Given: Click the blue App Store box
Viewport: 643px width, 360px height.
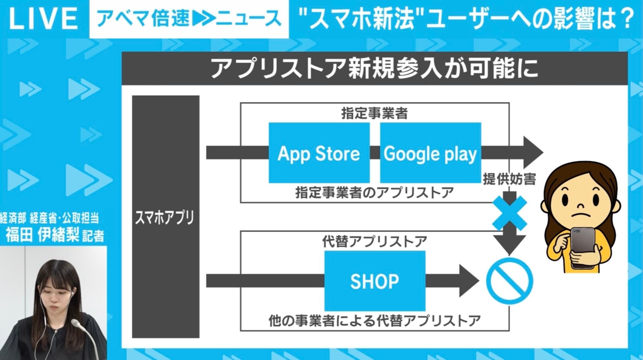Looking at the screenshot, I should tap(319, 153).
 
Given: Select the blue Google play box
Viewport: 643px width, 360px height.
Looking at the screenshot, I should tap(430, 153).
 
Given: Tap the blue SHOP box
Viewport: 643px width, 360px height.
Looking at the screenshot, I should tap(375, 281).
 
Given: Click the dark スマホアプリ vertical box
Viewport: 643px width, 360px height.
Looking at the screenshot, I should tap(165, 217).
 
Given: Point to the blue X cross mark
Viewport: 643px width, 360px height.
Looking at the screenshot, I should tap(509, 213).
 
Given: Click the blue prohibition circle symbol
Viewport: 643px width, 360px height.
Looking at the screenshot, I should tap(509, 281).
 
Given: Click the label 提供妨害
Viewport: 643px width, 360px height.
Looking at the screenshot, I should tap(509, 179).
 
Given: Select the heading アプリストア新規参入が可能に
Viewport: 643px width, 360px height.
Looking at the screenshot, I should tap(374, 69).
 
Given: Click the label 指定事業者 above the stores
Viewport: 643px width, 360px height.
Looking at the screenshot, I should tap(374, 114).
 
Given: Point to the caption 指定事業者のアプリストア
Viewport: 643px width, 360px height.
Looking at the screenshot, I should tap(374, 193).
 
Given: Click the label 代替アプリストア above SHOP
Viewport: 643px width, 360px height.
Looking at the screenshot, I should tap(374, 242).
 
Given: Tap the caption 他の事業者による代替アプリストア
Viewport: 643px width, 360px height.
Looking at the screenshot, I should tap(374, 321).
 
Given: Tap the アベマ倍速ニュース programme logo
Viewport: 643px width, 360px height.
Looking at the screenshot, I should tap(189, 19).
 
